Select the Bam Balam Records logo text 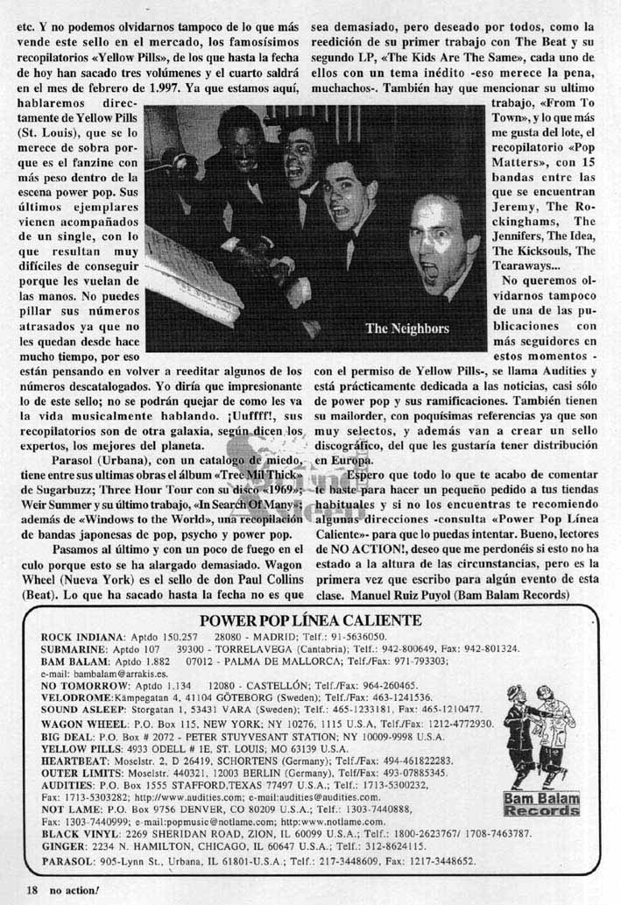coord(541,804)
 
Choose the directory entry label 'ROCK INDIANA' coord(73,636)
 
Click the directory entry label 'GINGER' coord(59,848)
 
